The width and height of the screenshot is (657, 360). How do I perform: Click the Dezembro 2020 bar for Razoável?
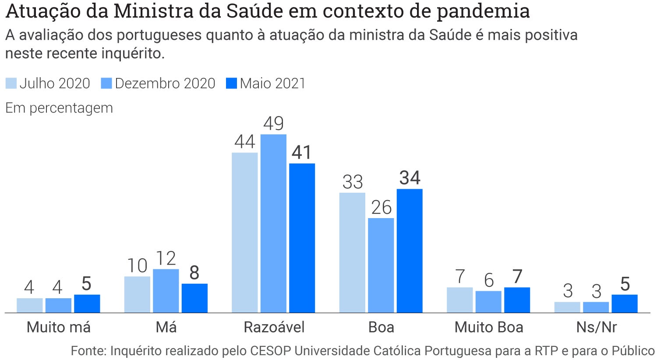coord(273,223)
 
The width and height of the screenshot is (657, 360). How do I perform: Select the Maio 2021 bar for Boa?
coord(410,251)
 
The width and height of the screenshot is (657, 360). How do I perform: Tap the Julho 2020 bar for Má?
coord(137,294)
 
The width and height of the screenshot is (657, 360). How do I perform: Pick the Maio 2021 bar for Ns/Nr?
coord(625,304)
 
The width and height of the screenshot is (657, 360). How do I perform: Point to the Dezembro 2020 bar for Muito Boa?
coord(488,302)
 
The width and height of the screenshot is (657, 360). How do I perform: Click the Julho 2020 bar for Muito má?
coord(30,305)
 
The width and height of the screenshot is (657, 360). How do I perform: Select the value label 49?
coord(273,124)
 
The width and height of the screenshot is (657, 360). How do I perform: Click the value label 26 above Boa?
coord(381,208)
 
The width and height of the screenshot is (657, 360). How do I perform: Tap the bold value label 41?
coord(302,152)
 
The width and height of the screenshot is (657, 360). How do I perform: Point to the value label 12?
coord(166,259)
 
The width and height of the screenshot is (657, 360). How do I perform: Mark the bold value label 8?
coord(194,273)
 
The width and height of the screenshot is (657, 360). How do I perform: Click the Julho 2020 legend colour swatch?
coord(11,83)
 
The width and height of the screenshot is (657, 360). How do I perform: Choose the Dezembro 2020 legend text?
coord(165,83)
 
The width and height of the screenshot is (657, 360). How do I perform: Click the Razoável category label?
coord(274,327)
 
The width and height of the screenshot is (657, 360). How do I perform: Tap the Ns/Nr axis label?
coord(596,327)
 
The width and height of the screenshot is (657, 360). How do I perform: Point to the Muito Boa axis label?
coord(489,327)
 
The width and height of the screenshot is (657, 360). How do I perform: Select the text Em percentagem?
coord(59,108)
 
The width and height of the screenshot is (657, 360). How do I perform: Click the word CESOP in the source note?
coord(271,351)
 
